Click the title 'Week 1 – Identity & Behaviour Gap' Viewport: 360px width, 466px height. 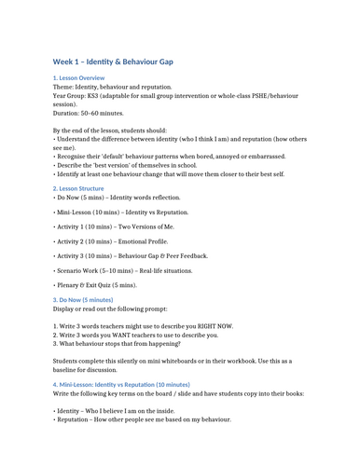click(x=126, y=62)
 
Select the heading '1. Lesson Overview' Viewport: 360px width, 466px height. click(x=80, y=78)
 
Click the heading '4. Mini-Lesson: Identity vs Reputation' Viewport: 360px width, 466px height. click(x=121, y=384)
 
